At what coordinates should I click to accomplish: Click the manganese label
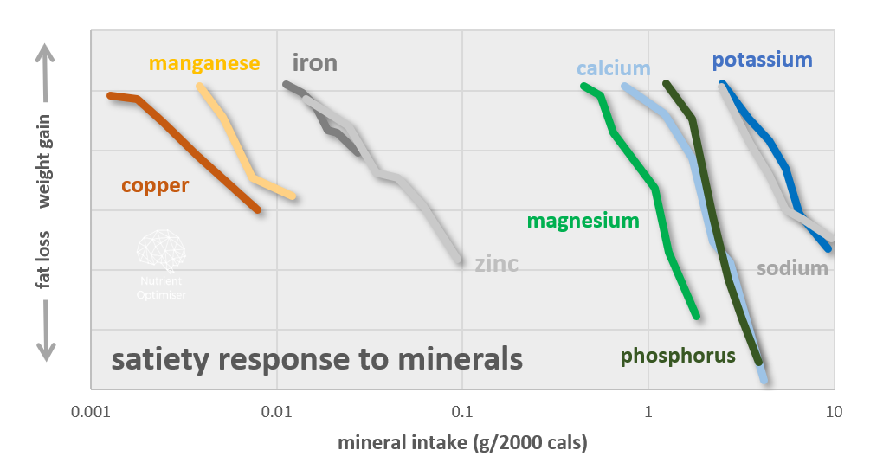click(204, 64)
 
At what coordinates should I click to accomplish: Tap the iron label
click(315, 63)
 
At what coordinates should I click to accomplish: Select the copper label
click(155, 185)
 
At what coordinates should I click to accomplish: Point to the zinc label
click(496, 264)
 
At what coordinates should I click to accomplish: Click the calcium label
click(614, 69)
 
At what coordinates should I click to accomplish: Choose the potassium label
click(762, 61)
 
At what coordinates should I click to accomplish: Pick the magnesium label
click(583, 221)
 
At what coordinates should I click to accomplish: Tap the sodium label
click(792, 268)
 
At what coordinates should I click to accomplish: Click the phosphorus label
click(678, 356)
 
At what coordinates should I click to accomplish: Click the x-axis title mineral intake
click(462, 444)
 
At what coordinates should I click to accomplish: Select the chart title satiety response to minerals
click(317, 358)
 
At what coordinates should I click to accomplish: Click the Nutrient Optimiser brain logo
click(161, 251)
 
